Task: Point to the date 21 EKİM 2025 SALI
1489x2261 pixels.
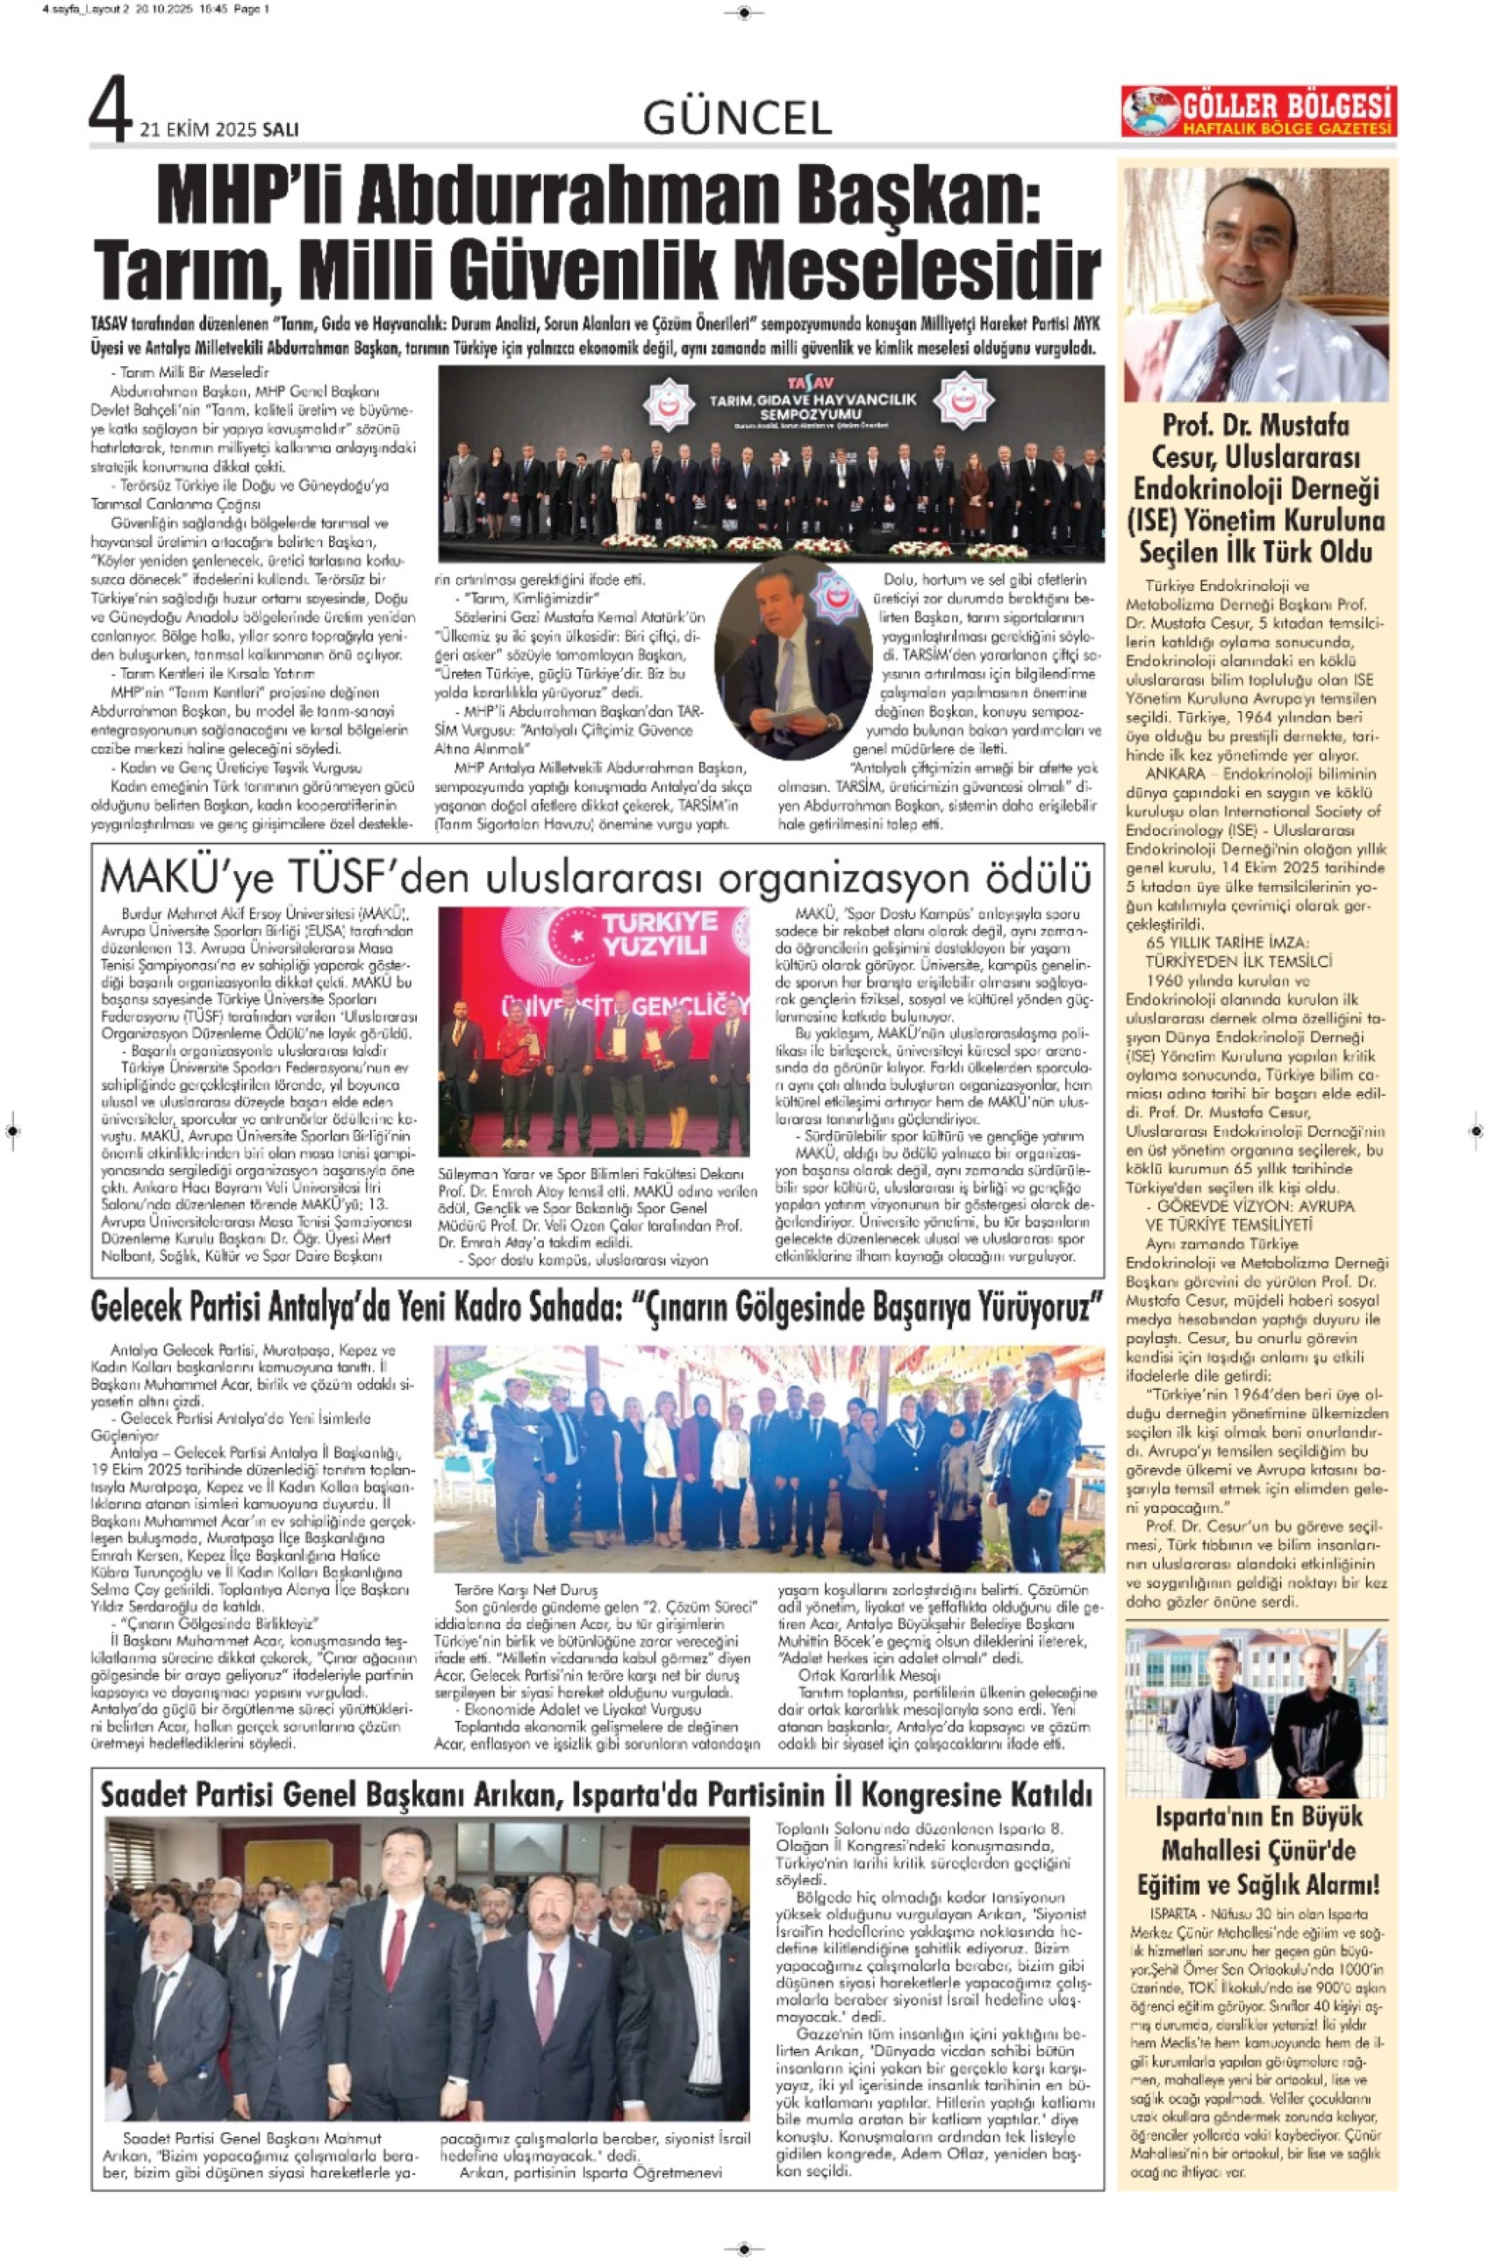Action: (x=219, y=129)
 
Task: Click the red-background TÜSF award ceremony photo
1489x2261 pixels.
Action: (x=593, y=1031)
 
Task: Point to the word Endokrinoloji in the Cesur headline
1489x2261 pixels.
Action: (x=1255, y=488)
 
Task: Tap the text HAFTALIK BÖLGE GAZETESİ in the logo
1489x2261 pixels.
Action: (x=1287, y=129)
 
